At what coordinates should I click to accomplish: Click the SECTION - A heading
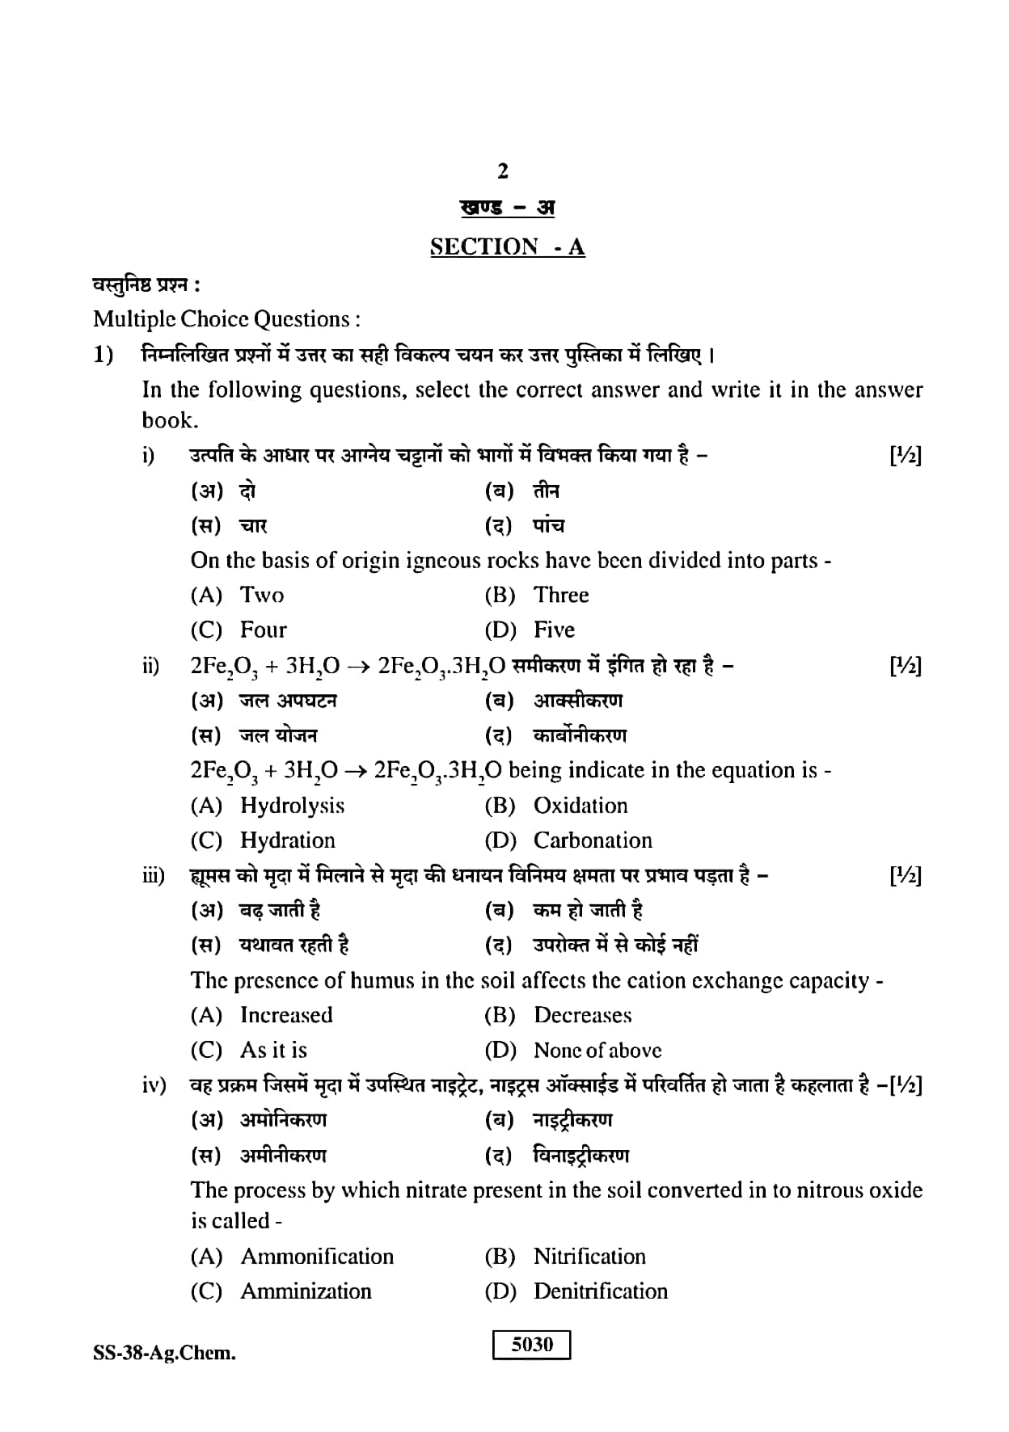[x=507, y=246]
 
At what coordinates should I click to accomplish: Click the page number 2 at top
[x=504, y=171]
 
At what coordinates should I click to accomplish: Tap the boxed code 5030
[x=532, y=1345]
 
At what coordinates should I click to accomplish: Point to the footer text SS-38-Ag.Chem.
[x=165, y=1353]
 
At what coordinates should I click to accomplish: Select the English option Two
[x=262, y=596]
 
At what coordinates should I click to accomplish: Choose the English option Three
[x=561, y=596]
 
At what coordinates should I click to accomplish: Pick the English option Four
[x=264, y=630]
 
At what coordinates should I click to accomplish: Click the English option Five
[x=555, y=630]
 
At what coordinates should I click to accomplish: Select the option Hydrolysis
[x=293, y=806]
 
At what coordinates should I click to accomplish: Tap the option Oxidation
[x=580, y=806]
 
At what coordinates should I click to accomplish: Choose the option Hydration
[x=288, y=840]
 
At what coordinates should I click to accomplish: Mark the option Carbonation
[x=593, y=840]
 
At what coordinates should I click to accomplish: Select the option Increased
[x=286, y=1015]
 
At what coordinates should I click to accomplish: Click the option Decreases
[x=583, y=1015]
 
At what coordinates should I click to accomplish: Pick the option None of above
[x=597, y=1051]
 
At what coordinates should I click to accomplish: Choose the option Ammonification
[x=317, y=1257]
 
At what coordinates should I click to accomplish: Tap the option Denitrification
[x=601, y=1291]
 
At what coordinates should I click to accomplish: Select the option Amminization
[x=306, y=1291]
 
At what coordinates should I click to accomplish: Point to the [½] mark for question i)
[x=905, y=457]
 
